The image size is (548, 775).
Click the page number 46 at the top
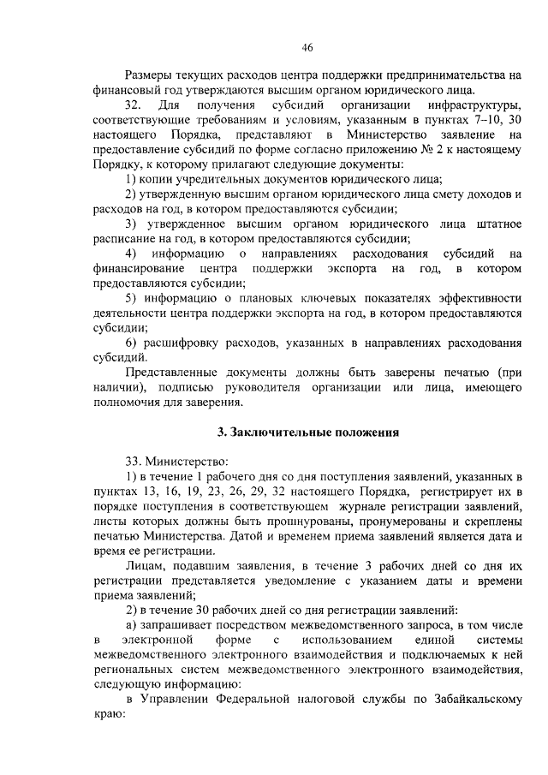point(307,48)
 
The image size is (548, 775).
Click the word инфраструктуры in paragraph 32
point(474,104)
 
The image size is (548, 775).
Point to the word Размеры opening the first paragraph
point(152,75)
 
